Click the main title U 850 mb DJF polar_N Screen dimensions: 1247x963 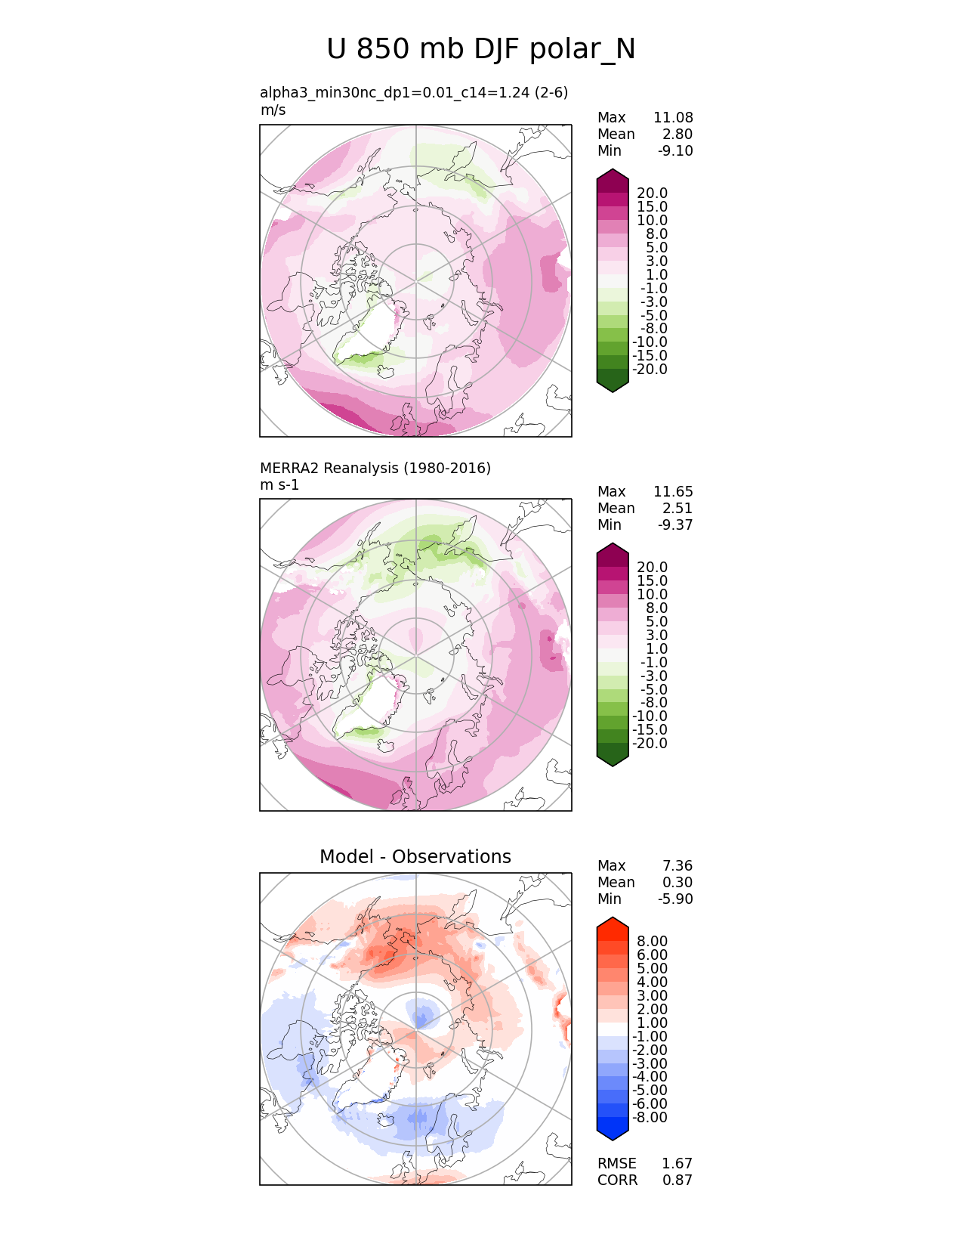[x=481, y=50]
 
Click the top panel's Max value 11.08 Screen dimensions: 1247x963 [x=673, y=118]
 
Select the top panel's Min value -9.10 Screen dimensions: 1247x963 [x=675, y=151]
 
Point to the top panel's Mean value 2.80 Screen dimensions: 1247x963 [x=677, y=135]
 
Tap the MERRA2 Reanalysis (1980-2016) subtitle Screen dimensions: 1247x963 [x=375, y=469]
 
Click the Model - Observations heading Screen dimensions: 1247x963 [x=415, y=857]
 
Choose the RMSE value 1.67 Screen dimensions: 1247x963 [x=677, y=1164]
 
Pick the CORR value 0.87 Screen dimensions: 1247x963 [x=677, y=1180]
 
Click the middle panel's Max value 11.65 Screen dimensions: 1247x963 [x=673, y=492]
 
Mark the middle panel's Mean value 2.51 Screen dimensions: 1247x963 [x=677, y=509]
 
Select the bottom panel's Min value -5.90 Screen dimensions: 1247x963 [x=675, y=899]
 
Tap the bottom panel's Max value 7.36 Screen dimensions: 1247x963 [x=677, y=866]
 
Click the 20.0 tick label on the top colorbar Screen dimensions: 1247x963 [x=652, y=193]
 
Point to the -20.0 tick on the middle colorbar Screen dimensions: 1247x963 [x=650, y=744]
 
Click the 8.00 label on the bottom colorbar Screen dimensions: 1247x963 [x=653, y=942]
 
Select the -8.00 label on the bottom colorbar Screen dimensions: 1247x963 [x=650, y=1118]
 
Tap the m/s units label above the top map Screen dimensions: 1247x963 [x=273, y=110]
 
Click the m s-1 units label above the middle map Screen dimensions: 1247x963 [x=279, y=485]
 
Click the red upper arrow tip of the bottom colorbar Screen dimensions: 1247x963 [x=613, y=924]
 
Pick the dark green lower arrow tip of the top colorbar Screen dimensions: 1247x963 [x=613, y=385]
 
